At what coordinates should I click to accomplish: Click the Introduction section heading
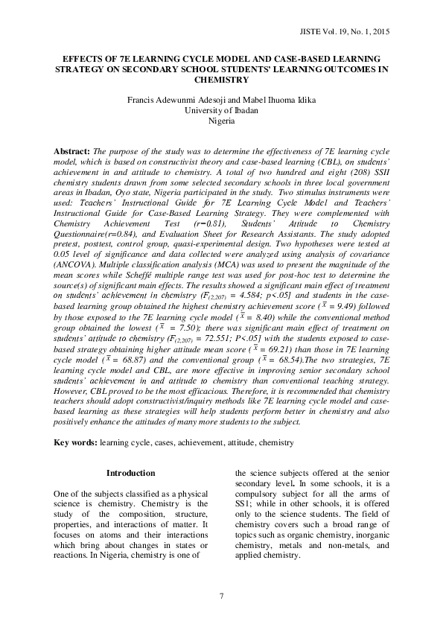tap(130, 473)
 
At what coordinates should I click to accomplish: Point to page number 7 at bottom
tap(221, 593)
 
